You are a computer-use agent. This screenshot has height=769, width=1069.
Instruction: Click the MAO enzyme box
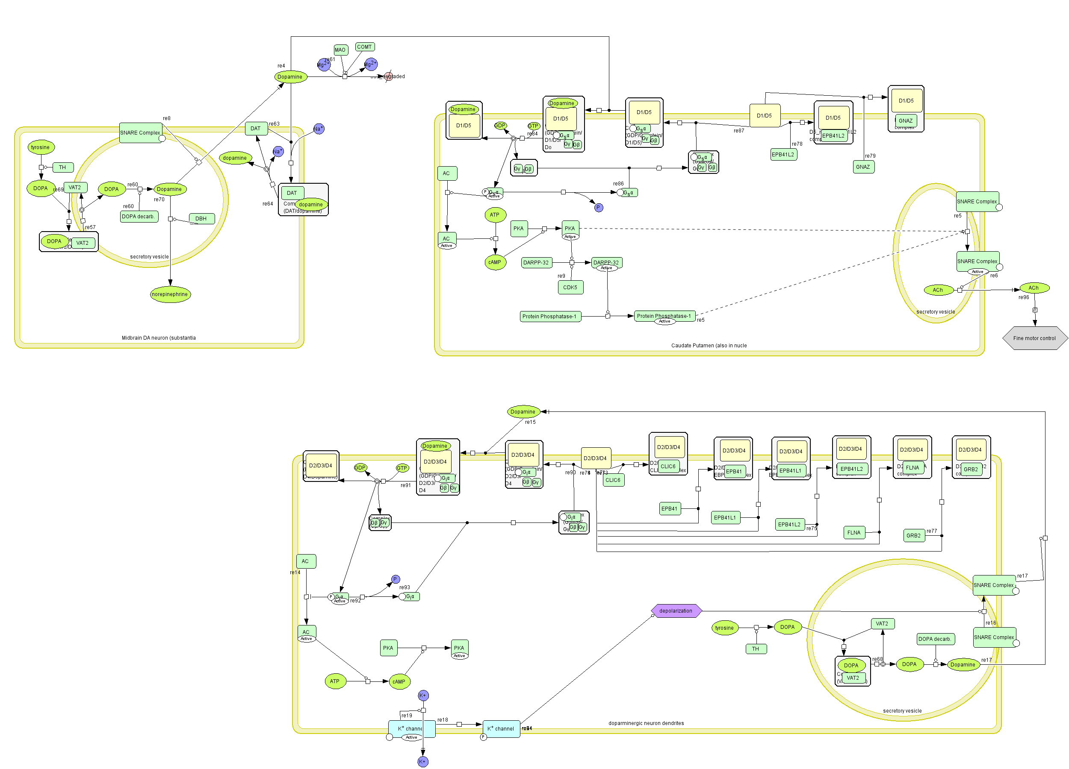tap(340, 50)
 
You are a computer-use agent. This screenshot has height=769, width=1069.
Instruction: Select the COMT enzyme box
tap(364, 47)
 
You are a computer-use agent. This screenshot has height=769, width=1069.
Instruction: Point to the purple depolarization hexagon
tap(676, 611)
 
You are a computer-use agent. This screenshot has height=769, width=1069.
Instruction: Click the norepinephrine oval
tap(170, 294)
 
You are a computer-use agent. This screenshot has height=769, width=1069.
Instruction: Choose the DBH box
tap(201, 218)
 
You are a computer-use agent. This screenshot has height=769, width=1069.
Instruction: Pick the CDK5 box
tap(570, 287)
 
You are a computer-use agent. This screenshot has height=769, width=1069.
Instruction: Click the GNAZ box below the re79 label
tap(862, 167)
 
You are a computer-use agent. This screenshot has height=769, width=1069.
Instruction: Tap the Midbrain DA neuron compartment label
tap(158, 338)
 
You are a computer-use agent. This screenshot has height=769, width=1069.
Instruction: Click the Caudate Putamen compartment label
tap(709, 345)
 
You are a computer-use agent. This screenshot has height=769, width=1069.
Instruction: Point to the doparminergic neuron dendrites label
tap(646, 723)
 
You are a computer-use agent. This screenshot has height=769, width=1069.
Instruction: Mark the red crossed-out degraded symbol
tap(388, 76)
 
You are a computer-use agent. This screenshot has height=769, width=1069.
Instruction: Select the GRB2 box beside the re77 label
tap(913, 535)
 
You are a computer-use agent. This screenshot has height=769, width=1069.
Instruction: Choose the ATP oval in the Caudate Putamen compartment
tap(494, 215)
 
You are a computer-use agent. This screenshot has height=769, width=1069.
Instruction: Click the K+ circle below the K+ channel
tap(423, 761)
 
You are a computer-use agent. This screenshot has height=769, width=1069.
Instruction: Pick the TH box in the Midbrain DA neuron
tap(62, 167)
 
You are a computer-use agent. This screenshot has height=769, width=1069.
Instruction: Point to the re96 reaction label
tap(1023, 297)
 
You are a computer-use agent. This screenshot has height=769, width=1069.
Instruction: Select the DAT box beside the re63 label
tap(255, 128)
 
